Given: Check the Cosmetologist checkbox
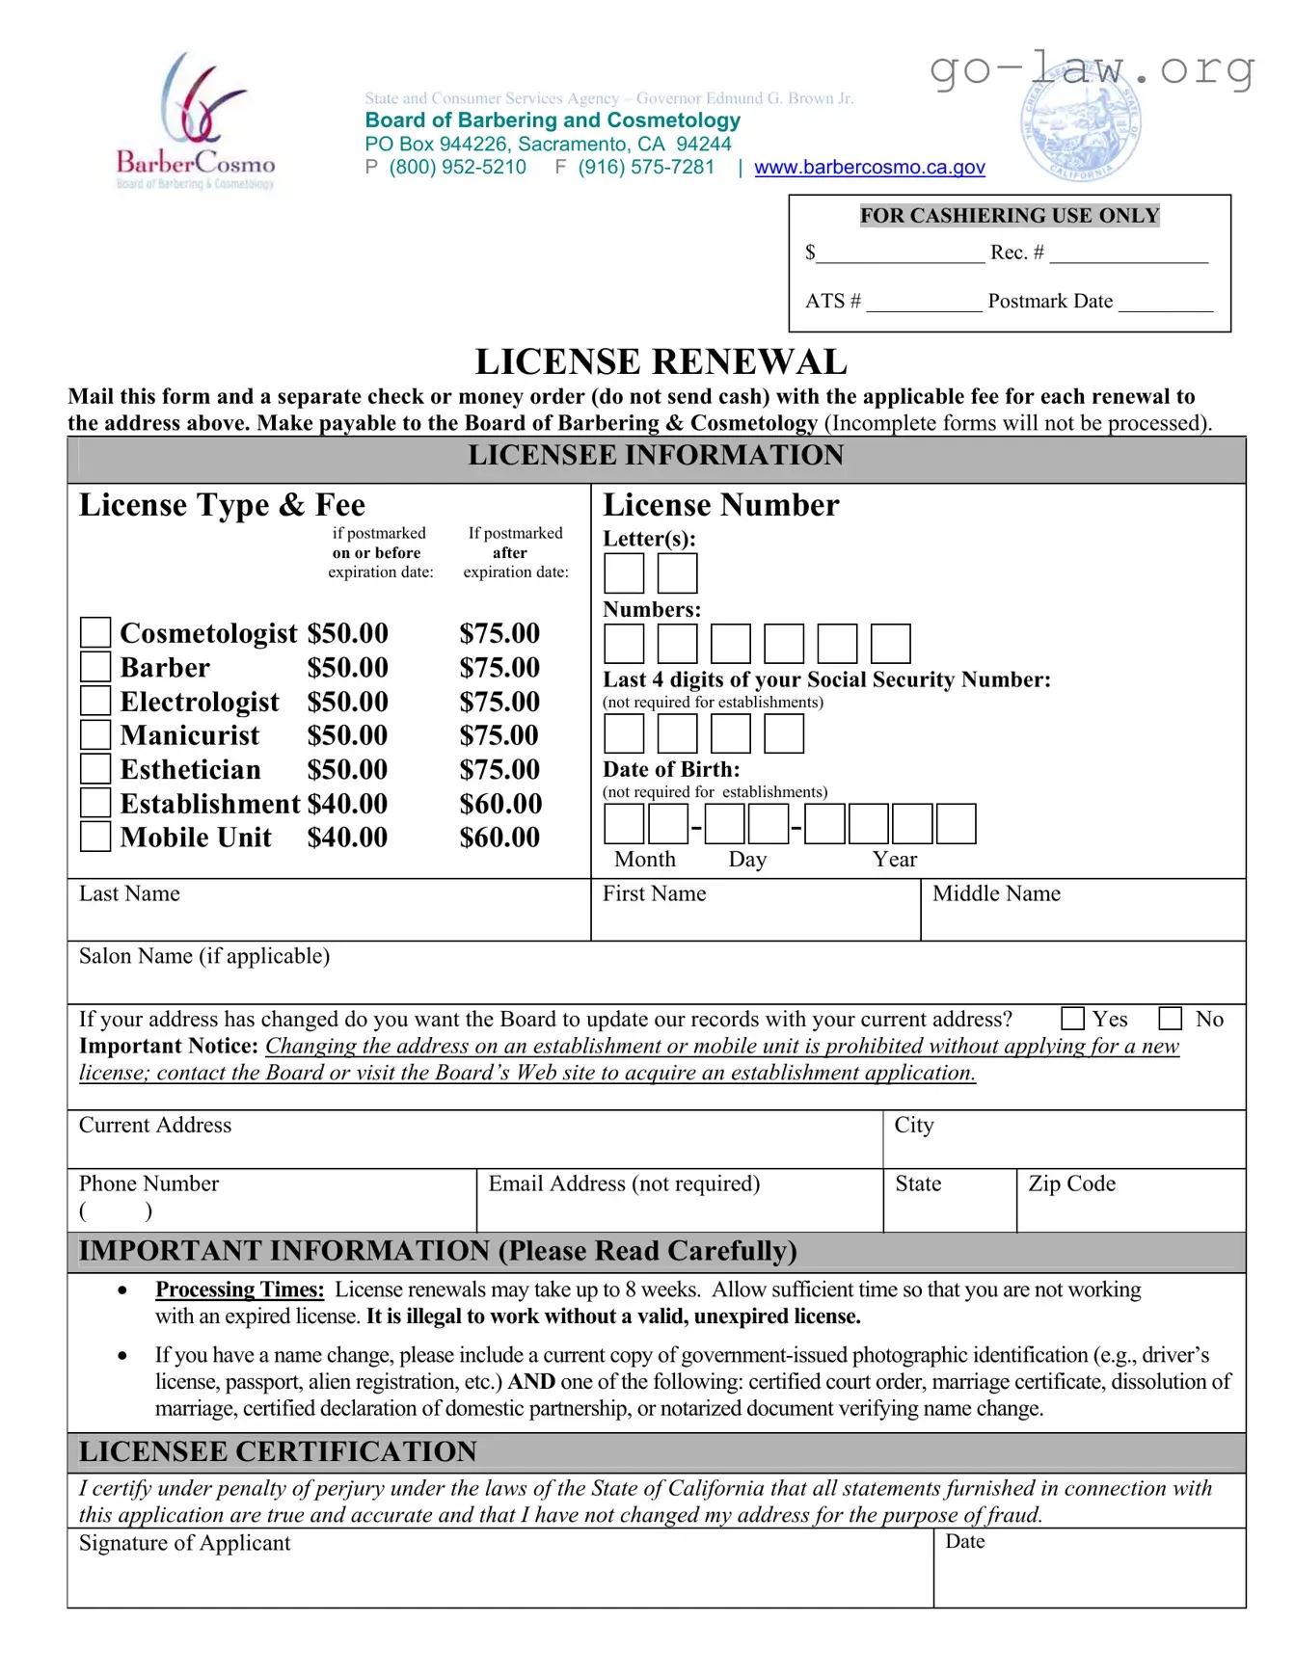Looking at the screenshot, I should [95, 632].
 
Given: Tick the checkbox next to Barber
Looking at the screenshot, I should [95, 666].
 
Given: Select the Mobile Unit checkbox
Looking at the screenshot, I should [95, 836].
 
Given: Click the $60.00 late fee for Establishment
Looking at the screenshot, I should [499, 804].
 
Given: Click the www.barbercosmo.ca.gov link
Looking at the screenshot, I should [869, 168].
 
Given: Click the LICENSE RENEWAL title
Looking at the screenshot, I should [661, 362].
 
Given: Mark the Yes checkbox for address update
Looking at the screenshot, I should [1072, 1019].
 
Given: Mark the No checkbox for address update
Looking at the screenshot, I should [1170, 1019].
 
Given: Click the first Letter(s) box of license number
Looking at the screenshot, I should [624, 573].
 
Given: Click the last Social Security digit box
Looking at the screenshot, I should [783, 734].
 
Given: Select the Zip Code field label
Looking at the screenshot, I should [1071, 1183].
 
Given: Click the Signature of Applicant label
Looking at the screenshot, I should [184, 1543].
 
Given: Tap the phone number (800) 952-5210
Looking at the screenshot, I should [457, 168].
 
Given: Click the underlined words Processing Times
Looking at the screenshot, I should [239, 1289].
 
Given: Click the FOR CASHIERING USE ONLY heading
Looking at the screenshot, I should [1009, 216].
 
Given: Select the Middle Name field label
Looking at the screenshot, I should [996, 893].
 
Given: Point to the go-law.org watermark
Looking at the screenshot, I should [1092, 68].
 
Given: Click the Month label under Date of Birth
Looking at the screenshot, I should [644, 859].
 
